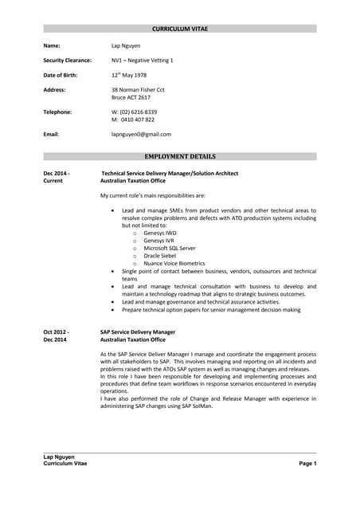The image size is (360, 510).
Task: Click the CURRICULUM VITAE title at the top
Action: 180,29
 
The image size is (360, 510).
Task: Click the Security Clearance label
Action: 67,61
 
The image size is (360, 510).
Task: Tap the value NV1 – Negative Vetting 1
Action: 143,61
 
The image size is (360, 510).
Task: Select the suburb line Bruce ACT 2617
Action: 131,97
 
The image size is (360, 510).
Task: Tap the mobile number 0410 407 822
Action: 138,120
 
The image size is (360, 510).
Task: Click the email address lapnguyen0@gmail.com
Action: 141,135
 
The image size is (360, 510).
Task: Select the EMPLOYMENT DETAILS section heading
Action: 180,157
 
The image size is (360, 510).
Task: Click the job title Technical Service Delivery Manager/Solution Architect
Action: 170,173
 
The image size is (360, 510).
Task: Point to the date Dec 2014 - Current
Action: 56,177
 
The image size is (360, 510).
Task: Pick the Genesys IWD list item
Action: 160,233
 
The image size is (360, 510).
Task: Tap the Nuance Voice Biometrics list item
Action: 174,263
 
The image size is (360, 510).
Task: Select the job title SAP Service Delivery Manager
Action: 138,331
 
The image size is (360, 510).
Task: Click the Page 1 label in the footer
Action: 307,463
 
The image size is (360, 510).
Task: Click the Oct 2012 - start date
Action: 56,331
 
